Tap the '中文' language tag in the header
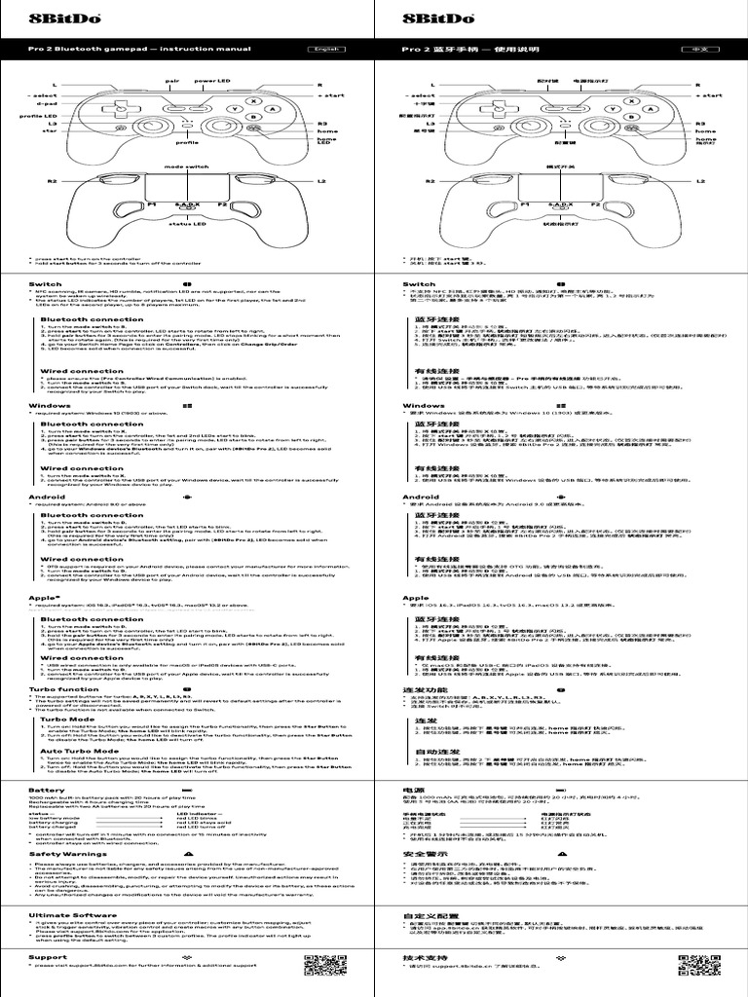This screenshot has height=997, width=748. pos(698,49)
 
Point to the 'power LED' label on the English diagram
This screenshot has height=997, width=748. pos(210,80)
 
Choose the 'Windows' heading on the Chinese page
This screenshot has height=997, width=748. pos(424,405)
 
